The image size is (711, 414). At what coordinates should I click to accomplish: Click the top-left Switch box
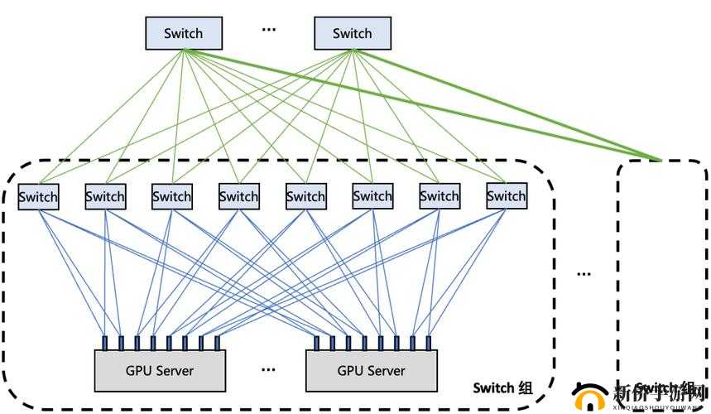pos(184,33)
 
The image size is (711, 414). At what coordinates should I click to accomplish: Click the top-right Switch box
pos(353,33)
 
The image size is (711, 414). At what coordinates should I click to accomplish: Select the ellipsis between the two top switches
pos(268,29)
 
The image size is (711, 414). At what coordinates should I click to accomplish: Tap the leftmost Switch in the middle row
pos(38,196)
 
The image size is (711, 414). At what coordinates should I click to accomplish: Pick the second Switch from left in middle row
pos(105,196)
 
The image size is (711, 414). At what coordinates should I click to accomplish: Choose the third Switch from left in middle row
pos(172,196)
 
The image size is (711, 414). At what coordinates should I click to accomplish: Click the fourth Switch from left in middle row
pos(238,196)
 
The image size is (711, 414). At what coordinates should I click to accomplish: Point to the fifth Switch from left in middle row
pos(305,196)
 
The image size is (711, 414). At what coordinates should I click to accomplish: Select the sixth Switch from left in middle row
pos(372,196)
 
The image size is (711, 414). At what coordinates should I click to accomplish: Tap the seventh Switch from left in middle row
pos(439,196)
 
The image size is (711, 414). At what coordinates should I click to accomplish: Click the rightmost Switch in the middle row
pos(506,196)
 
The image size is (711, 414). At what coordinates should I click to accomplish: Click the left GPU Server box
pos(161,370)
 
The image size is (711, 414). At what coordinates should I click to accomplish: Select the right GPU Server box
pos(370,370)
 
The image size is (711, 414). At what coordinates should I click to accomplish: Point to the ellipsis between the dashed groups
pos(584,272)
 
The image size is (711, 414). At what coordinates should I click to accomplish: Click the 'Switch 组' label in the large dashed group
pos(503,388)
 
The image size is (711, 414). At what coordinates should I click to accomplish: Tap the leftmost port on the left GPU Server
pos(105,343)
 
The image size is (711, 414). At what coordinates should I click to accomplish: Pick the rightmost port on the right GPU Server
pos(430,343)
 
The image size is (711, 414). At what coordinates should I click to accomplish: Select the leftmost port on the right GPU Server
pos(316,343)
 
